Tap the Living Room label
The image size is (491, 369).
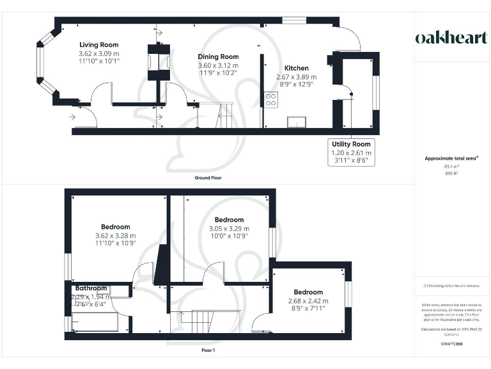pos(98,45)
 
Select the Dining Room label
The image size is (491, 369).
pos(218,57)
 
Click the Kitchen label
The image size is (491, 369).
pos(296,68)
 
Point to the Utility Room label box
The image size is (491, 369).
pos(350,152)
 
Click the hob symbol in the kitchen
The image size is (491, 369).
pos(271,99)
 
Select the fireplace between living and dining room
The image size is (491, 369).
pos(157,62)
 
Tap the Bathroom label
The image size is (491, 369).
pos(91,288)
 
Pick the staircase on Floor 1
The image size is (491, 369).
pos(203,320)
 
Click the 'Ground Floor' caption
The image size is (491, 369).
pos(208,177)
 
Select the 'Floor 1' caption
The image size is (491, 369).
pos(208,350)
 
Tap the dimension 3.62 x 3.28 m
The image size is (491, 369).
pos(115,235)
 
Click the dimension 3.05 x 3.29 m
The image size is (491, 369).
pos(229,228)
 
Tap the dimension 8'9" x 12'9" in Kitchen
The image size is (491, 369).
pos(296,85)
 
